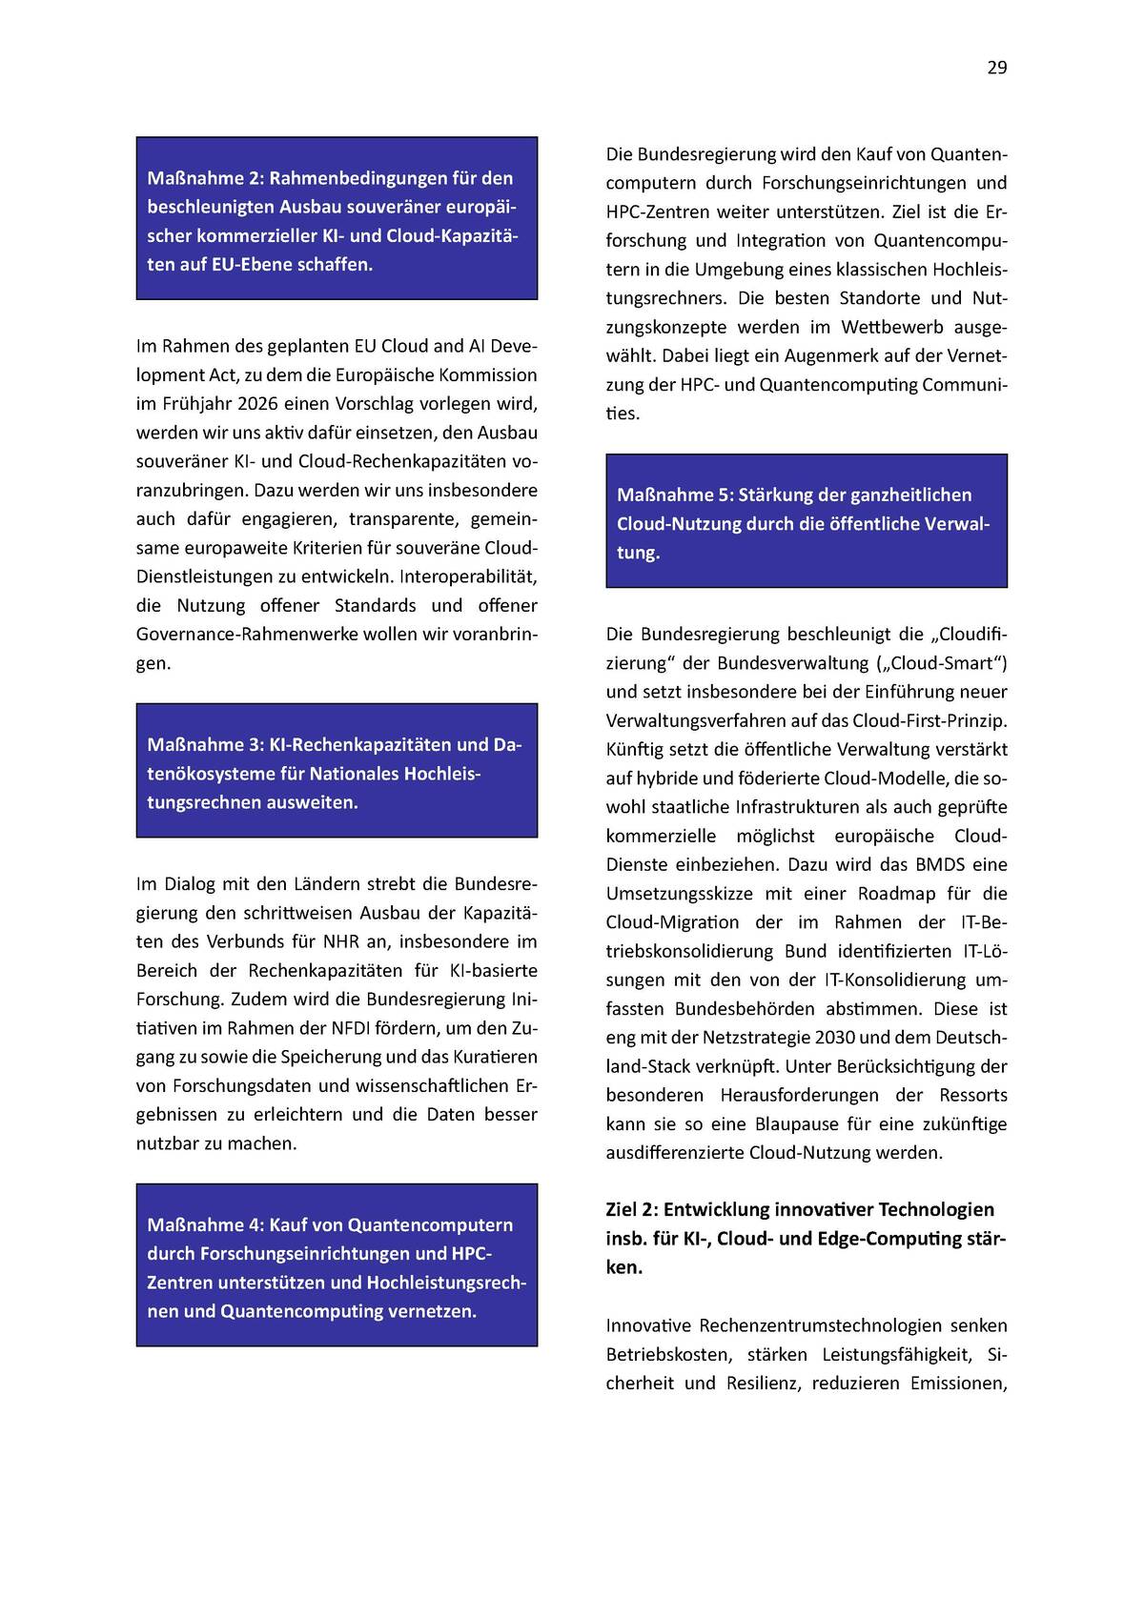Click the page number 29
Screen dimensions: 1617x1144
[996, 68]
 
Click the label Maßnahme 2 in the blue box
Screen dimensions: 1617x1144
[203, 178]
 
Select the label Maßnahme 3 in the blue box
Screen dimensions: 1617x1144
[203, 744]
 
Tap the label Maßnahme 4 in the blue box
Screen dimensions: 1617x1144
[203, 1224]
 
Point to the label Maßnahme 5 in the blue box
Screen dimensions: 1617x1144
[673, 495]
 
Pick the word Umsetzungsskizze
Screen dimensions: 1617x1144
[679, 893]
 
